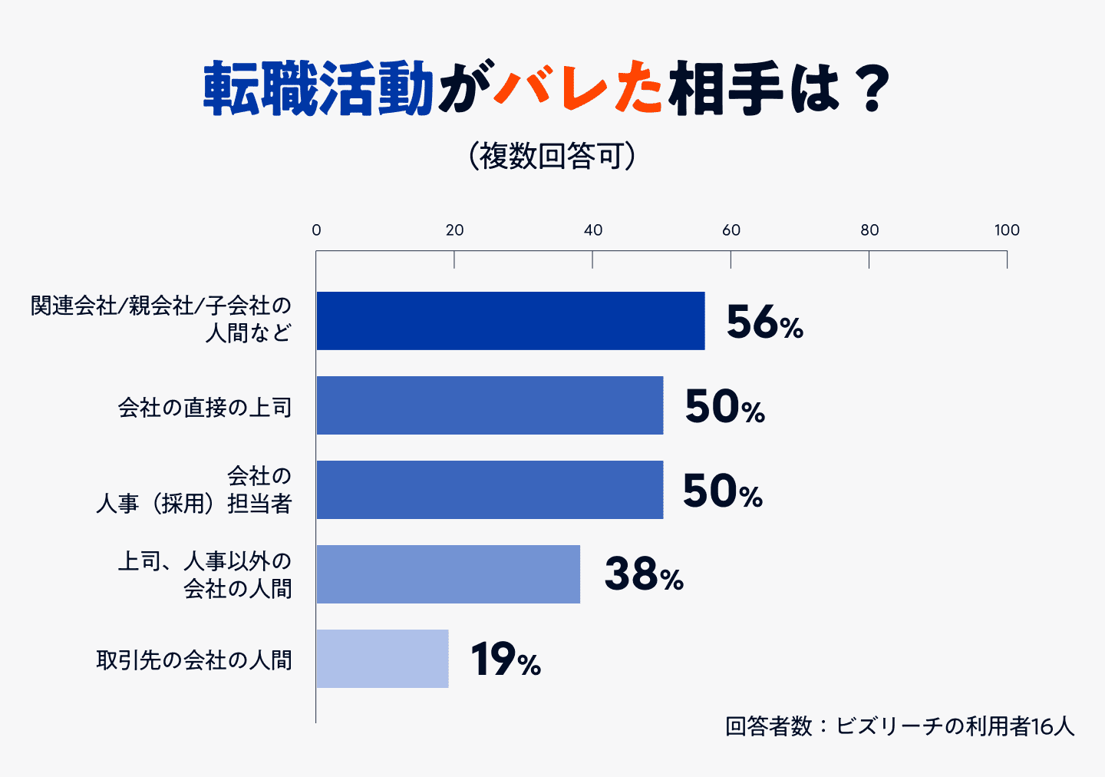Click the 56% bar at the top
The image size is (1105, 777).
[510, 321]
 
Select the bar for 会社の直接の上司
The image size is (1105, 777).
[490, 405]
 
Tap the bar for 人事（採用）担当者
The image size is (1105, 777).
[490, 490]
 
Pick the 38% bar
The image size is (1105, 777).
[448, 574]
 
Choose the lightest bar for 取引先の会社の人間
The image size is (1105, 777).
[382, 659]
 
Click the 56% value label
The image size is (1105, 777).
[764, 322]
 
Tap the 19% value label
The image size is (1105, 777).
[506, 660]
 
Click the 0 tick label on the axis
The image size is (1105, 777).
[316, 230]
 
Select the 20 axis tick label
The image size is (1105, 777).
[454, 230]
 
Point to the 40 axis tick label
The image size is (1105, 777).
[592, 230]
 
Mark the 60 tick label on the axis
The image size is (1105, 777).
[731, 230]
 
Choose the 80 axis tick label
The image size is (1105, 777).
[869, 230]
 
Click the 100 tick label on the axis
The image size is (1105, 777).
[1007, 230]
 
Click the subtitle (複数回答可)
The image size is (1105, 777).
[552, 156]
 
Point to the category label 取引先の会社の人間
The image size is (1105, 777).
[194, 660]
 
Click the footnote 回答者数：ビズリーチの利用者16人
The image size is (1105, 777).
[899, 726]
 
